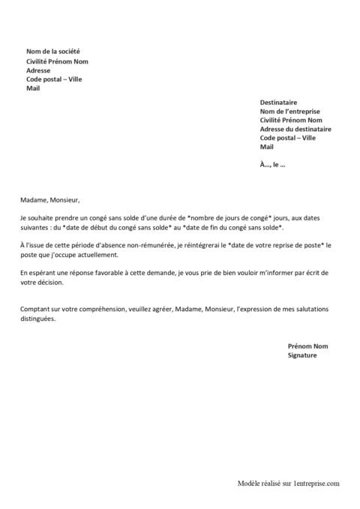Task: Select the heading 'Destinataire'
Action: (278, 101)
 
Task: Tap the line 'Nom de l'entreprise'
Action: (290, 110)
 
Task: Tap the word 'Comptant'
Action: (36, 309)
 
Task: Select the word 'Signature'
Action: (303, 355)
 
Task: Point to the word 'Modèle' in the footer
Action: (248, 486)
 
